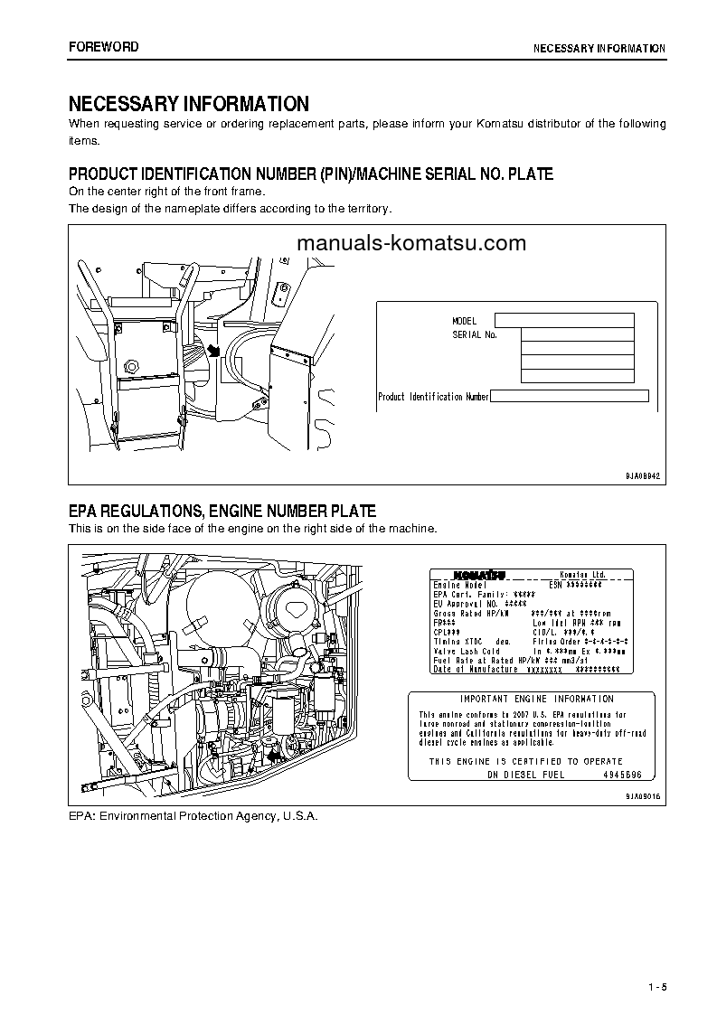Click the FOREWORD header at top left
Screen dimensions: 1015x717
click(104, 47)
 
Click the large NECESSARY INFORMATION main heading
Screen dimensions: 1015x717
click(189, 104)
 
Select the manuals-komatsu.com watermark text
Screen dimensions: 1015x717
click(410, 243)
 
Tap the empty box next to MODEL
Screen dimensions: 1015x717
click(564, 320)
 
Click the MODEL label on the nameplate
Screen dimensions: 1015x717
click(464, 321)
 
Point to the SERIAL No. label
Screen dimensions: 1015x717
click(475, 334)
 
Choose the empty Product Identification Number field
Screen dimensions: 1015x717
click(570, 396)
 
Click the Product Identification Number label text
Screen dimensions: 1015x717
click(433, 397)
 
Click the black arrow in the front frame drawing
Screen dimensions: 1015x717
click(214, 350)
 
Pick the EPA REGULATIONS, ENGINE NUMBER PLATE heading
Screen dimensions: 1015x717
click(222, 512)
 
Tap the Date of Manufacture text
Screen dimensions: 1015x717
click(476, 669)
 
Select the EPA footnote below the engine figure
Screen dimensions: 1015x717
click(193, 815)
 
